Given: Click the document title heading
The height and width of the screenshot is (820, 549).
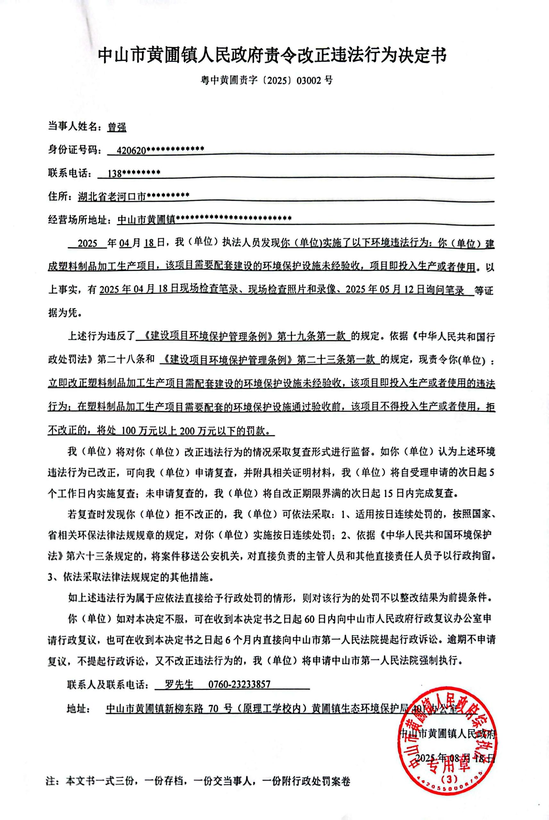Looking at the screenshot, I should pyautogui.click(x=272, y=56).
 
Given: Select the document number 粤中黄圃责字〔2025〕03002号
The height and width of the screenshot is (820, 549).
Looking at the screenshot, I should pyautogui.click(x=266, y=80).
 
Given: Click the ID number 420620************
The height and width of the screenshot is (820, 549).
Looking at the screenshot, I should pyautogui.click(x=160, y=151).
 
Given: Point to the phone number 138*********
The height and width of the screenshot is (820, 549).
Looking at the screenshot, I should pyautogui.click(x=134, y=174).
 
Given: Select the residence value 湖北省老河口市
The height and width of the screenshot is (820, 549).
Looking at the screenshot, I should pyautogui.click(x=112, y=197).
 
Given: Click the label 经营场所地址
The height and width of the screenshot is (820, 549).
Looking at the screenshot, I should pyautogui.click(x=79, y=220).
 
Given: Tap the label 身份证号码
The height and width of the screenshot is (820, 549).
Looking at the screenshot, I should pyautogui.click(x=74, y=151).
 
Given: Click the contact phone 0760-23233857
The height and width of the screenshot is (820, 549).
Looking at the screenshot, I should pyautogui.click(x=239, y=684).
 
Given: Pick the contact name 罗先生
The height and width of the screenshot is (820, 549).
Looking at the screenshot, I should pyautogui.click(x=179, y=684).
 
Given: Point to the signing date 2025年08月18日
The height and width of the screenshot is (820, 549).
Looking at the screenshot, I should pyautogui.click(x=455, y=758).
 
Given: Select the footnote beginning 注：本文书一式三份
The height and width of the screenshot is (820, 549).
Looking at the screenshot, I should pyautogui.click(x=198, y=781).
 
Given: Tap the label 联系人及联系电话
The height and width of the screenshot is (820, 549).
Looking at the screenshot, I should pyautogui.click(x=108, y=684).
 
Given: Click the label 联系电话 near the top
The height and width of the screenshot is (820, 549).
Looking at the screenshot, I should pyautogui.click(x=69, y=174).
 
